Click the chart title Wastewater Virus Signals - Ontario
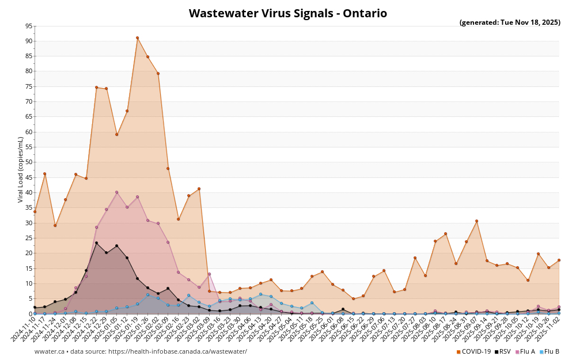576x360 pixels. point(287,13)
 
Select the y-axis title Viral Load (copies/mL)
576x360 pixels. point(21,169)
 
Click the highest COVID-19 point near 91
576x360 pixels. point(137,38)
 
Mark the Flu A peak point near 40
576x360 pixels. point(116,192)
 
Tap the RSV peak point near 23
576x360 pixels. point(96,243)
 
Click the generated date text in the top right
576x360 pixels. point(509,22)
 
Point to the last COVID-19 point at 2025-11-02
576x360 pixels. point(559,260)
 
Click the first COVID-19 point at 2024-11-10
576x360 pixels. point(35,211)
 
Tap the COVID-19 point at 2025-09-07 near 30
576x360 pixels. point(476,221)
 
